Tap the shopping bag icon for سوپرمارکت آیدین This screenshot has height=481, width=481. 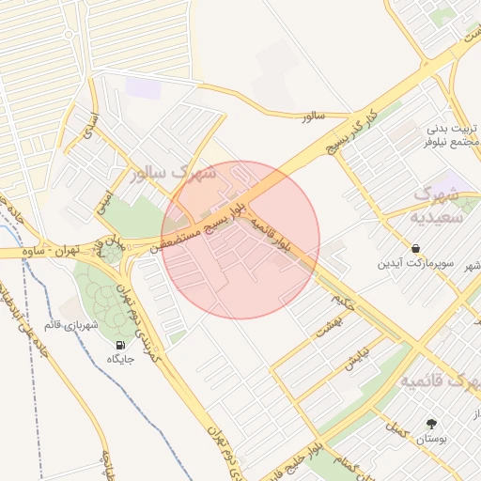[x=415, y=248]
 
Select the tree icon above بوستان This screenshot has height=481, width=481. [x=431, y=424]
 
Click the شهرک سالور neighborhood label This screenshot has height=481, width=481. [x=175, y=174]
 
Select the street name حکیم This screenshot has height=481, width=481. [x=345, y=302]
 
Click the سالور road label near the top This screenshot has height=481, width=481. [x=313, y=116]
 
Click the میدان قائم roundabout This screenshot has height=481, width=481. [x=110, y=247]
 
